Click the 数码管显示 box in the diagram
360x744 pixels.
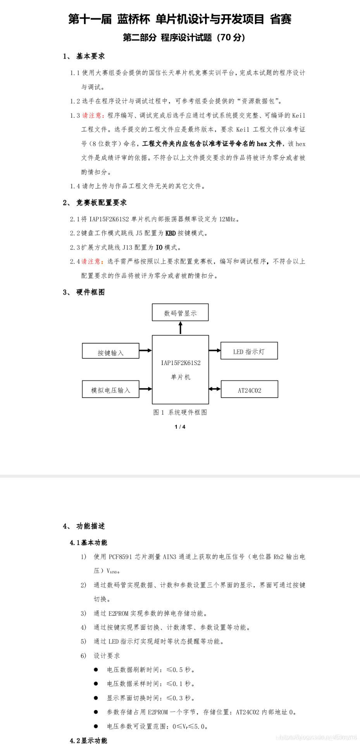(x=180, y=313)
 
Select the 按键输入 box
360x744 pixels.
(x=110, y=351)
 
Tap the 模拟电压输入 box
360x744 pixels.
(x=110, y=389)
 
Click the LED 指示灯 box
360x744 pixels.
(x=249, y=351)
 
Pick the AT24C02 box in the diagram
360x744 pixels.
(x=250, y=389)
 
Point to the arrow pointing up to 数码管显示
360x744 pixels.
(x=180, y=328)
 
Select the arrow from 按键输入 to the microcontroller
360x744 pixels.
(x=145, y=351)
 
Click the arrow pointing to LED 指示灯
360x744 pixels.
(x=215, y=351)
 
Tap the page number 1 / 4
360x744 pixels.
(x=180, y=427)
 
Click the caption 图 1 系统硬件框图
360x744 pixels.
(x=180, y=412)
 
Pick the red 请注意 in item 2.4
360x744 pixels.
(x=93, y=262)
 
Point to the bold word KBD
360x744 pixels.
(x=171, y=233)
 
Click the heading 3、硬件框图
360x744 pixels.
(x=84, y=292)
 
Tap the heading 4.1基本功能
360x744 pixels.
(x=89, y=542)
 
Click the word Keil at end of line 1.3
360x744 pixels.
(x=298, y=115)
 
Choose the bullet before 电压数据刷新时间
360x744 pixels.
(x=96, y=670)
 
